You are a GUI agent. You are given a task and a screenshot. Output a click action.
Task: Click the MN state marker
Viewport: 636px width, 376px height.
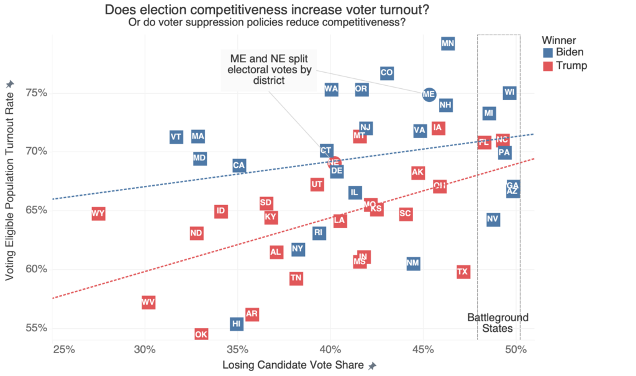pos(448,44)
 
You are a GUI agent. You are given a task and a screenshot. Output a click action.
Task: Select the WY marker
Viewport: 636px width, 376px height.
pos(98,214)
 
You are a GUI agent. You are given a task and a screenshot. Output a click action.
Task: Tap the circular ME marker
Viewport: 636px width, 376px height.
pos(429,94)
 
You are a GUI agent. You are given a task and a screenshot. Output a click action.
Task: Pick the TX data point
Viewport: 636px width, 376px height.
pos(463,272)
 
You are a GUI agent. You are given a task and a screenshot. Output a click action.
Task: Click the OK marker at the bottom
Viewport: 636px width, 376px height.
pos(201,334)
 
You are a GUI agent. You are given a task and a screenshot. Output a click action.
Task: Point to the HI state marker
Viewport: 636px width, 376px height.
pos(236,324)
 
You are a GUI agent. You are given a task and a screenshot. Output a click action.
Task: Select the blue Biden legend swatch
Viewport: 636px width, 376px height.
pos(547,52)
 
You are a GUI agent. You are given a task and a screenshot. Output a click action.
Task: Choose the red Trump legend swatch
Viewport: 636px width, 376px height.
pos(547,66)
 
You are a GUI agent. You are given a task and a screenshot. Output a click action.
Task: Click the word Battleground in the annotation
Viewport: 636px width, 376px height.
pos(497,318)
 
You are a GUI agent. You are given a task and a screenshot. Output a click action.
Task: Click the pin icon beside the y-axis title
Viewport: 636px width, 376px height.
pos(9,85)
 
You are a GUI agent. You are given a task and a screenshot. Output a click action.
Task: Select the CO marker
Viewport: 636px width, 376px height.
pos(386,73)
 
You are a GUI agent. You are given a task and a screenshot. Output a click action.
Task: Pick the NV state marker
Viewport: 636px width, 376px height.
pos(493,219)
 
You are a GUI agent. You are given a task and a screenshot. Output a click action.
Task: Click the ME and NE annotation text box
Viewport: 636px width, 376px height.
pos(270,69)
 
